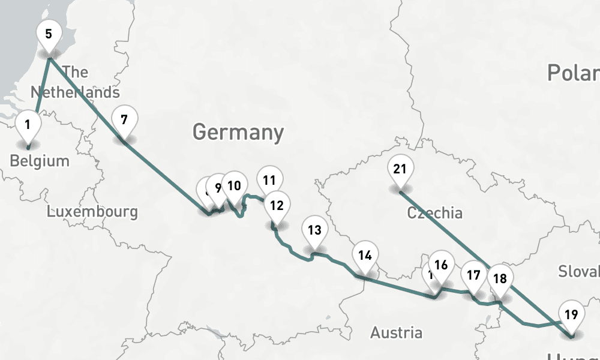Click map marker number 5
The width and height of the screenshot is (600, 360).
point(49,34)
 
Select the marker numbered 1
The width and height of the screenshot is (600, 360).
point(28,125)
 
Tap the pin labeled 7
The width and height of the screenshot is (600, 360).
point(124,119)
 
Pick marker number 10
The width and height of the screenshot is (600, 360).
point(234,185)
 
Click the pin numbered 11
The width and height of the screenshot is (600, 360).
point(269,179)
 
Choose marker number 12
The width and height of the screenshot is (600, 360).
point(277,205)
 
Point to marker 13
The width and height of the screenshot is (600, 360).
point(314,229)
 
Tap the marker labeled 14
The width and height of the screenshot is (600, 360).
point(365,254)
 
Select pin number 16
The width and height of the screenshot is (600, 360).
point(441,265)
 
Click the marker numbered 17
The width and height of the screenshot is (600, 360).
point(473,275)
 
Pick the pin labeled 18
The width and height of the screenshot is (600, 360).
point(500,278)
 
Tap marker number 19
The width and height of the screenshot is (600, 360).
point(571,314)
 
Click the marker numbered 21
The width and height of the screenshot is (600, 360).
point(400,169)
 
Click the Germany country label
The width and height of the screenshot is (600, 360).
point(238,132)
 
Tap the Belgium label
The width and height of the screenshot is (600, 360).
point(40,161)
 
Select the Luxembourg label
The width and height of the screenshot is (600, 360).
point(92,211)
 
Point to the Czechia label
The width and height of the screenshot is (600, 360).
point(434,213)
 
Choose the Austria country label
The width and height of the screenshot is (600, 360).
point(396,332)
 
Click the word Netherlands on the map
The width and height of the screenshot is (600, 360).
point(75,92)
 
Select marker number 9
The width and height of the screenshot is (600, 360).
point(218,187)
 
